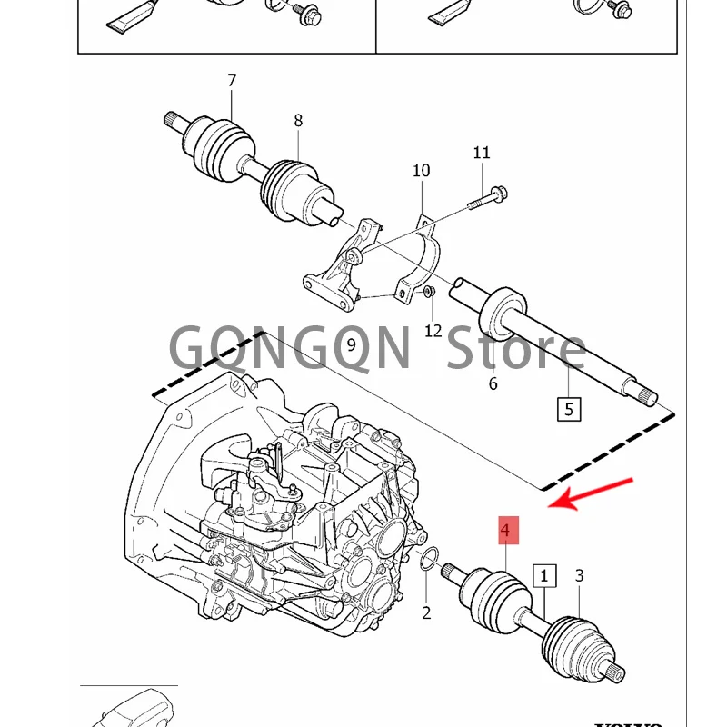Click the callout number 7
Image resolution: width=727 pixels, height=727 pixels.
[x=232, y=81]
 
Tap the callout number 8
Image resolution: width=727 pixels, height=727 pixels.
[x=298, y=121]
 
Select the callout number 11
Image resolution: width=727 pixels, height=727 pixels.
[x=481, y=153]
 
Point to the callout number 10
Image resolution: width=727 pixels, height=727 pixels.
[x=421, y=171]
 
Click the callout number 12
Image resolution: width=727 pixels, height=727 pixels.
[x=433, y=331]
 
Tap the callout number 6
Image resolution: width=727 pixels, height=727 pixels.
[x=493, y=383]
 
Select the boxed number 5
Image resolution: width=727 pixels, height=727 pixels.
[x=569, y=409]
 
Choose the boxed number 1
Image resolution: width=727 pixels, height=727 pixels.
[x=545, y=575]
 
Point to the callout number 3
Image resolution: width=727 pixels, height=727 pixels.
[x=580, y=575]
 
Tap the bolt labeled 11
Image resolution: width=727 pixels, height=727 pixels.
[x=486, y=197]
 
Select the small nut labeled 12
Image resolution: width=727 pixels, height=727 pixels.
[x=430, y=292]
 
